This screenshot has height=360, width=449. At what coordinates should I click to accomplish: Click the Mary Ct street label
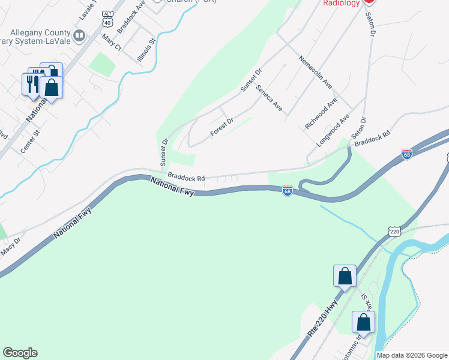pos(112,43)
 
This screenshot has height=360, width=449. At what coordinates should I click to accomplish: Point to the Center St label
pos(29,140)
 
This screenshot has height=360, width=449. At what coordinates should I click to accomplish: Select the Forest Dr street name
pos(221,127)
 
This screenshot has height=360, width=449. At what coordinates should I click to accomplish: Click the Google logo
pos(20,353)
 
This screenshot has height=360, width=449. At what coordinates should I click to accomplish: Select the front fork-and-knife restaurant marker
pos(31,83)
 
